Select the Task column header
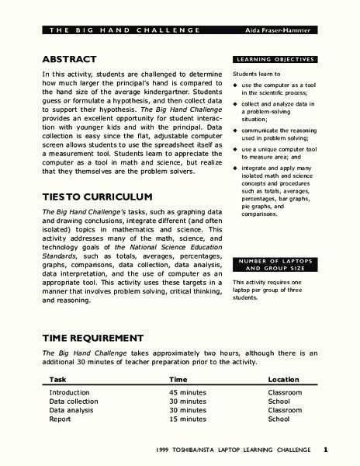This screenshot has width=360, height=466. pyautogui.click(x=57, y=379)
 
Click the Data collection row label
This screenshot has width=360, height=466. pyautogui.click(x=76, y=402)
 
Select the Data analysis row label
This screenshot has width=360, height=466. pyautogui.click(x=73, y=410)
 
